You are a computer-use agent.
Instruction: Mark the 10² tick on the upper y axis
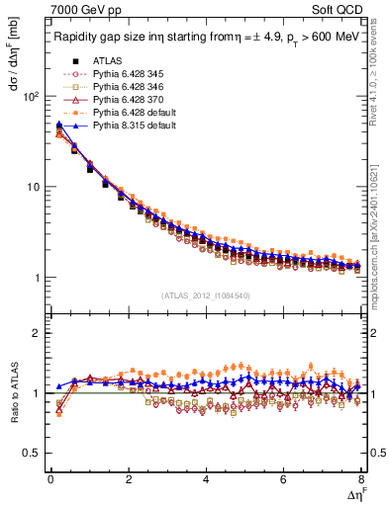pos(31,97)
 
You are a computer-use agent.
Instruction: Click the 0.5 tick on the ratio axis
pos(30,453)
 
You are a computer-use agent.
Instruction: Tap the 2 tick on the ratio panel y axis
pos(35,333)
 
